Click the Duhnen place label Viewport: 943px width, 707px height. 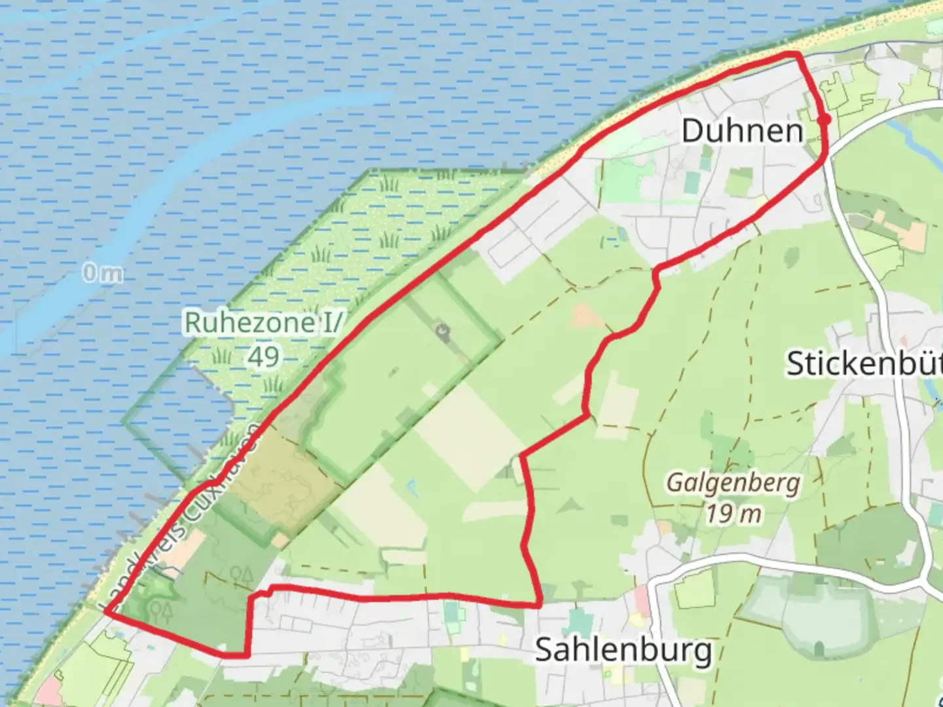742,131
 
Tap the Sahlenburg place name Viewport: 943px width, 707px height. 623,650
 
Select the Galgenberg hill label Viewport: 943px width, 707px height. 733,483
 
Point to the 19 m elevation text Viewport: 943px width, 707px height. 733,513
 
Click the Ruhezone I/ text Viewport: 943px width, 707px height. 263,322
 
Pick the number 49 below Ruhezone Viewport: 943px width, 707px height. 263,357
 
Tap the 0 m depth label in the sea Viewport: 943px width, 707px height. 102,273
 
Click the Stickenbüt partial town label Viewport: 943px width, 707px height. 863,363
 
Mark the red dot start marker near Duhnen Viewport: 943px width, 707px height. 824,119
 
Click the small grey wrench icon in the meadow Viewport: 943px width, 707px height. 443,333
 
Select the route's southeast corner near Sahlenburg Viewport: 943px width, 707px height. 540,604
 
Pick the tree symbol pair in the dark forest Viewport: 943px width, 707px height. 242,575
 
